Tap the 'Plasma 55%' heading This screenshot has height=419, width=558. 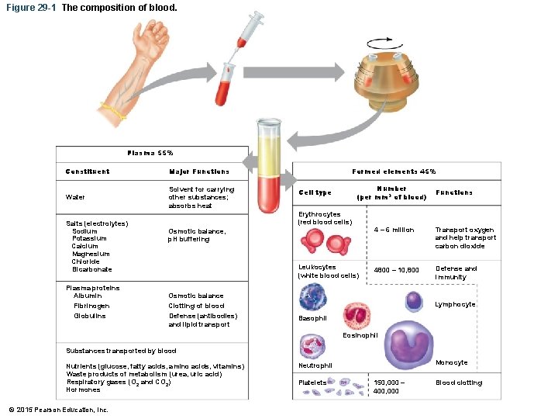pos(150,153)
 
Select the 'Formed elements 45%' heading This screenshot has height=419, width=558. pos(394,171)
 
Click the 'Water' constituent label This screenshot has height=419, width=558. pos(76,197)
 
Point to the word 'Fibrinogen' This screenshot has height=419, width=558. pos(91,306)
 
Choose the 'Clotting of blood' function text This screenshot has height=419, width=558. pos(196,306)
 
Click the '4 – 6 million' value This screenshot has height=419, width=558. pos(394,230)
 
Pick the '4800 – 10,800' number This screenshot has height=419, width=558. pos(396,269)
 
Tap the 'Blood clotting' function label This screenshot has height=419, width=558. pos(458,383)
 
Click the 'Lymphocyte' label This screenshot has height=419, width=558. pos(455,304)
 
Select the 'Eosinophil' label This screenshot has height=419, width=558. pos(360,335)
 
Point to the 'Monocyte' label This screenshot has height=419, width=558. pos(452,362)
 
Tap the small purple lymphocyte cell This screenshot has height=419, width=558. pos(415,300)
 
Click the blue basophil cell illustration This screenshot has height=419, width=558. pos(313,296)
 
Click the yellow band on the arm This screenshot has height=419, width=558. pos(112,111)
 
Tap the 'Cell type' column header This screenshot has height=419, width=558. pos(315,192)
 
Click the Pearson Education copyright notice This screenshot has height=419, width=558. pos(58,410)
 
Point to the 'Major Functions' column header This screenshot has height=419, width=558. pos(199,171)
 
